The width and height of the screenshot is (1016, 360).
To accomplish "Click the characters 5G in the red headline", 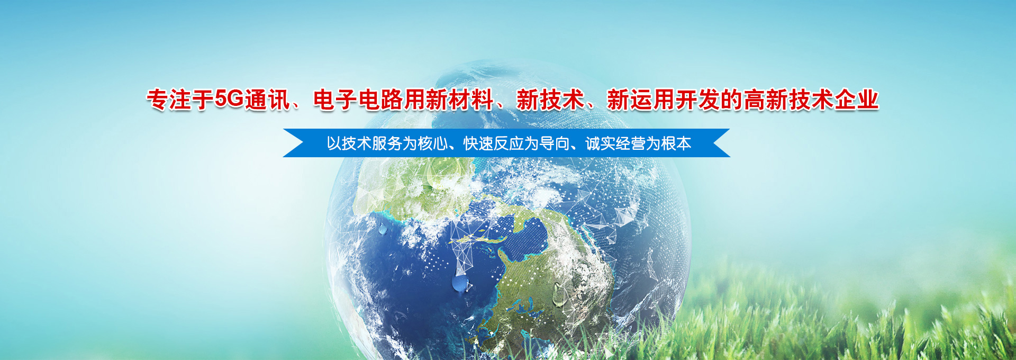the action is coord(229,99).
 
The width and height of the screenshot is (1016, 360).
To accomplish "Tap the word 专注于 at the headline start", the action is coord(180,100).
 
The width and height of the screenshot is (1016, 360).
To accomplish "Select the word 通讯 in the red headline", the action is coord(267,100).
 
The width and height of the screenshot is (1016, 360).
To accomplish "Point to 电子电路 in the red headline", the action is coord(358,100).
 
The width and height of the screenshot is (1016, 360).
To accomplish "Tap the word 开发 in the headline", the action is coord(698,100).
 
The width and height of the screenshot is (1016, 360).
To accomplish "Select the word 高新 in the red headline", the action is coord(766,100).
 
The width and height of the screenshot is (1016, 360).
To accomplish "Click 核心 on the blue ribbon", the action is coord(433,143).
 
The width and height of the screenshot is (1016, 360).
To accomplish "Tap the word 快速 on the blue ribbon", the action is coord(478,143).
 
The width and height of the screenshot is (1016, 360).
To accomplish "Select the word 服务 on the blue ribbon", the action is coord(387,143).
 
